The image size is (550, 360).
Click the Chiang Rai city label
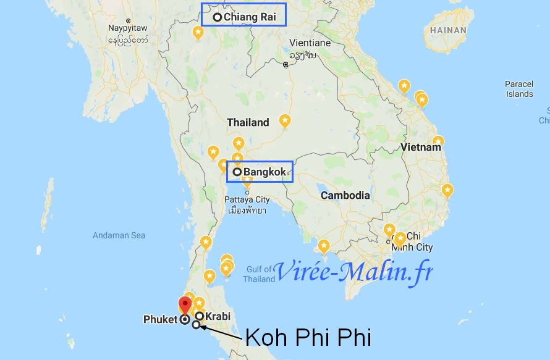coord(250,17)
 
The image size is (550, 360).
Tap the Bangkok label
coord(264,172)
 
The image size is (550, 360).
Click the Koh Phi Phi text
coord(308,338)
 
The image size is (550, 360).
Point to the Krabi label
coord(218,317)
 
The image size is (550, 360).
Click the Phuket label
coord(160,320)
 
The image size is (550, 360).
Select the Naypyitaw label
coord(128,28)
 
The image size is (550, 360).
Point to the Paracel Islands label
coord(519,89)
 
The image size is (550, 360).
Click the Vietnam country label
coord(421,148)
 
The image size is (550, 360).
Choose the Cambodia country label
coord(345,195)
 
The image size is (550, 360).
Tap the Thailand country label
coord(248,122)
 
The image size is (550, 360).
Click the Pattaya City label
coord(247,199)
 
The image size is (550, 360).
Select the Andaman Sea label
coord(119,235)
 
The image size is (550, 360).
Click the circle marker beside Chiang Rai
coord(218,17)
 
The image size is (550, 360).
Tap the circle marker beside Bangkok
coord(237,172)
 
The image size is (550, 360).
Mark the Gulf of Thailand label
coord(259,274)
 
